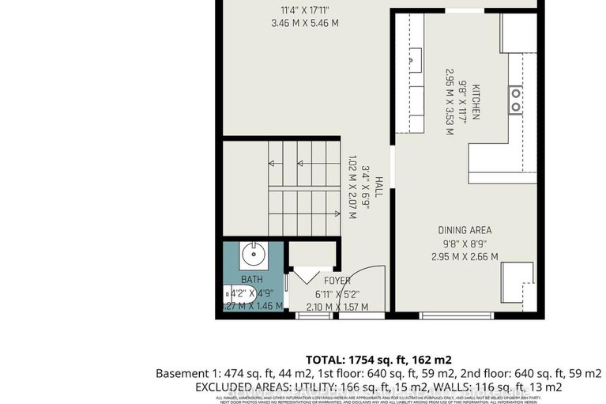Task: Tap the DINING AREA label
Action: click(465, 230)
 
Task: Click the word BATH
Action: click(251, 279)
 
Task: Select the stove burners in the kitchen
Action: click(515, 99)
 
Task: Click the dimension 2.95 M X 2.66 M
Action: click(465, 256)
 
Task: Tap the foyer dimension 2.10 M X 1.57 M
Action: click(336, 307)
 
